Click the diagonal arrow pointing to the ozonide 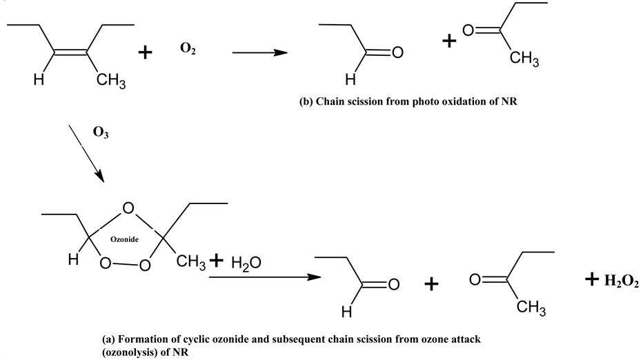(x=87, y=154)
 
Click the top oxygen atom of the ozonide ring (x=127, y=208)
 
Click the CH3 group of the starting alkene (x=111, y=82)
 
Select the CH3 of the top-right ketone (x=524, y=60)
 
